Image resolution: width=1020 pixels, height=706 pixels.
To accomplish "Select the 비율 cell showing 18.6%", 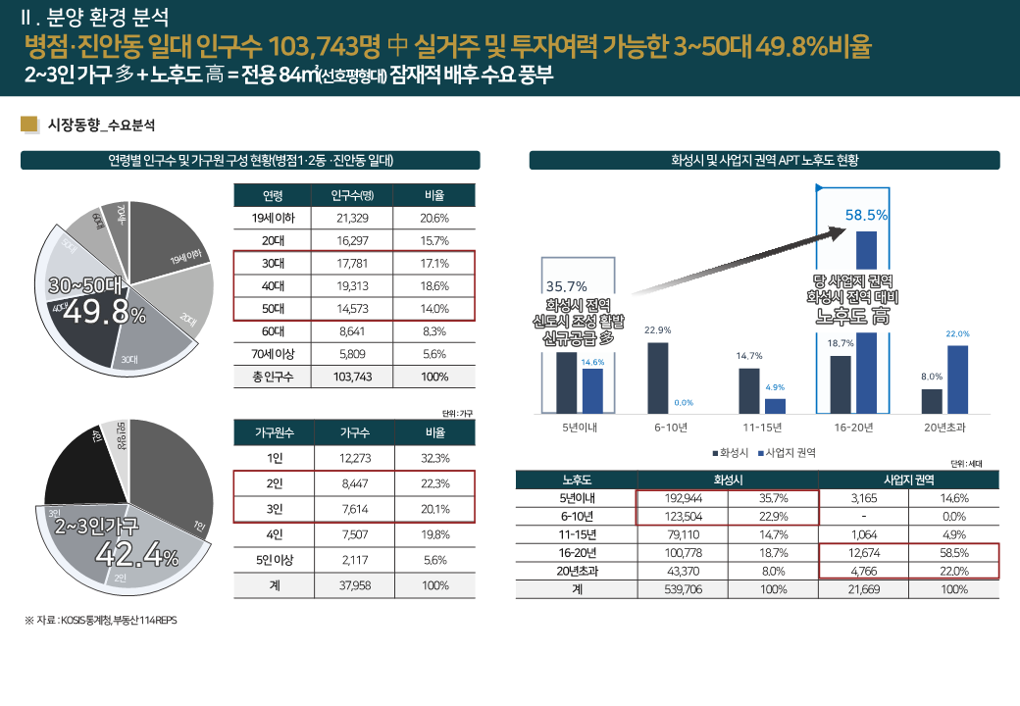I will pyautogui.click(x=434, y=286).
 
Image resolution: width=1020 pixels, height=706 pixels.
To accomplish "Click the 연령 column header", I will pyautogui.click(x=274, y=194).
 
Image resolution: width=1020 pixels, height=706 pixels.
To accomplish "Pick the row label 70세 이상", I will pyautogui.click(x=274, y=354).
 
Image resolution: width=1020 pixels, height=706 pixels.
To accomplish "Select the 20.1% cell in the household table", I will pyautogui.click(x=434, y=509).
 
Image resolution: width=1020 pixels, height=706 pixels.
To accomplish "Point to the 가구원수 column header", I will pyautogui.click(x=274, y=432).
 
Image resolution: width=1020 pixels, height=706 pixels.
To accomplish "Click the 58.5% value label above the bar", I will pyautogui.click(x=866, y=215).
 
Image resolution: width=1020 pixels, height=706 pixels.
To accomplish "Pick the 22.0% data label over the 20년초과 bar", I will pyautogui.click(x=957, y=334).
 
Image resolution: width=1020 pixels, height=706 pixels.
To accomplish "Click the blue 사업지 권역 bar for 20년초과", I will pyautogui.click(x=957, y=378).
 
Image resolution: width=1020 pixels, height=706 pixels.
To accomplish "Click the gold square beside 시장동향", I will pyautogui.click(x=29, y=125).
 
